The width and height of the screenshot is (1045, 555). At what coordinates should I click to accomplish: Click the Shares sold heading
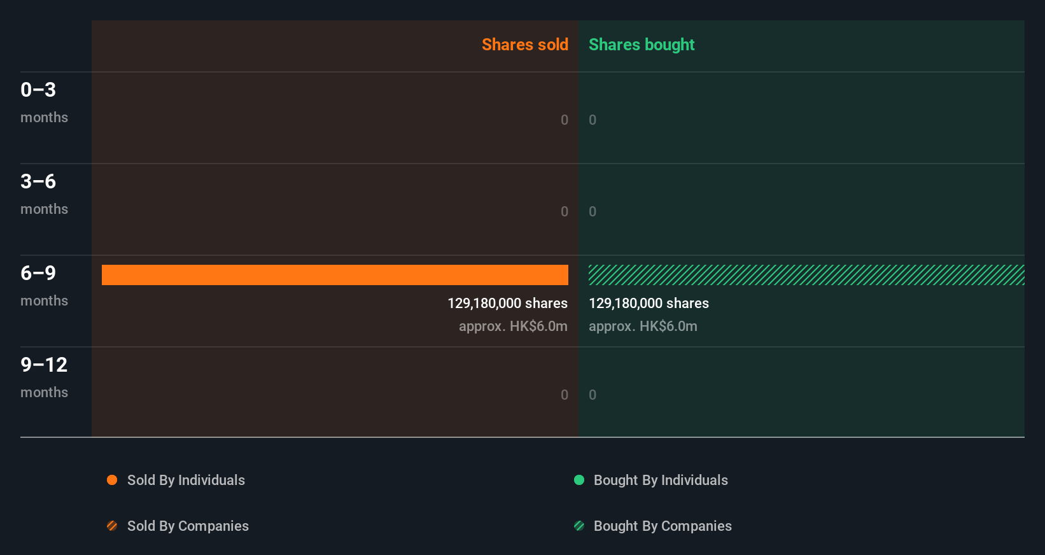524,45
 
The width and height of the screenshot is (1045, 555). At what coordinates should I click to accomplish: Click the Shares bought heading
641,45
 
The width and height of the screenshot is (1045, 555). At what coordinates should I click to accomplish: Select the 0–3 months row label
43,102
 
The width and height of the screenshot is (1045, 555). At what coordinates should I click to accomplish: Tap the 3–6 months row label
43,193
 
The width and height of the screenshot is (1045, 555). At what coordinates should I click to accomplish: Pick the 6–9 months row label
43,285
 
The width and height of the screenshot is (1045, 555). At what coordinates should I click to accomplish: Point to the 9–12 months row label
43,377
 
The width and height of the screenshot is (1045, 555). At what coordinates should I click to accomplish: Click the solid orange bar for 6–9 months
335,275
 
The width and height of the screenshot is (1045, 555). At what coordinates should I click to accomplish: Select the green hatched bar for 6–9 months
806,275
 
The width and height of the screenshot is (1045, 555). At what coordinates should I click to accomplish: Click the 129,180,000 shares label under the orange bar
507,304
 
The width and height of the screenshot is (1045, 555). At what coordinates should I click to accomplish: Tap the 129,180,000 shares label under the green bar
649,304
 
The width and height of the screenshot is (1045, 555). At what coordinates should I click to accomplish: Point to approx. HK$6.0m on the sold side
513,327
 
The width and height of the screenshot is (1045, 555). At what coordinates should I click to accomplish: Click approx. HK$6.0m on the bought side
643,327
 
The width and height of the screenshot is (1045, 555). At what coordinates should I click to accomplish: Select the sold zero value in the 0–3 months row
564,120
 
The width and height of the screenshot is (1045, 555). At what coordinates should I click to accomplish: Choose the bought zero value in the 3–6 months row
593,212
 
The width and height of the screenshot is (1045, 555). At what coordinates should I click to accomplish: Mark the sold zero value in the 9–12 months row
564,395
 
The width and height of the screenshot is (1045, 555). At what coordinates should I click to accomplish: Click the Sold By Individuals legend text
186,481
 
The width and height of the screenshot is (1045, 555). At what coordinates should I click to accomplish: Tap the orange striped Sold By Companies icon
112,526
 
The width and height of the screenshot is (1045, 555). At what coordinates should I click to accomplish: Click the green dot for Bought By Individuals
579,480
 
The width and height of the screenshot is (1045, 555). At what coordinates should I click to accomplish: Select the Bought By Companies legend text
663,526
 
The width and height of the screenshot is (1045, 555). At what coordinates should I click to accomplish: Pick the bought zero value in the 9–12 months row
593,395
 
